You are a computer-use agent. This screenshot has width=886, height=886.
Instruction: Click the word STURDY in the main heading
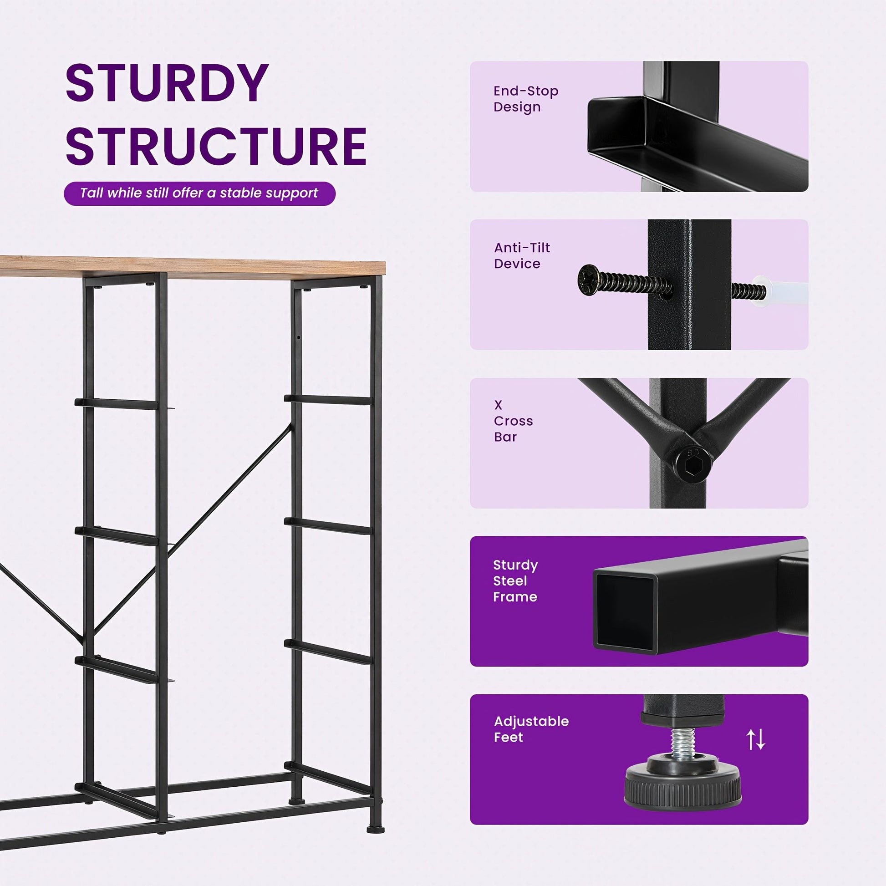[x=167, y=83]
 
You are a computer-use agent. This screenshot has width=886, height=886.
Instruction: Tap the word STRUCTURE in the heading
[x=216, y=146]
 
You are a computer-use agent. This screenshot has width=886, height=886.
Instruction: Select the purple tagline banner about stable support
[x=199, y=193]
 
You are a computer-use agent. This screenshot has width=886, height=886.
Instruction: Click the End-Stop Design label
[x=526, y=99]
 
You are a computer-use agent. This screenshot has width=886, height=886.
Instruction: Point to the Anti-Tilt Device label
[x=522, y=255]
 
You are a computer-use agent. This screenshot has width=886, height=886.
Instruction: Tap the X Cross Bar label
[x=513, y=421]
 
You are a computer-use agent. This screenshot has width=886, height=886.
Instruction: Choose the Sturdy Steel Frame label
[x=515, y=580]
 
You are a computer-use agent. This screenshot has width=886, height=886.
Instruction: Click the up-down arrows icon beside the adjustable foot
[x=755, y=739]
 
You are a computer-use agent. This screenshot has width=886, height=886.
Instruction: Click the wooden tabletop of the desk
[x=193, y=267]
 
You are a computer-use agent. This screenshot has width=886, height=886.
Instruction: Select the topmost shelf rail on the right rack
[x=328, y=399]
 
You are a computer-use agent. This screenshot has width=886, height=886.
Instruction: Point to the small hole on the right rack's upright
[x=299, y=337]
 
